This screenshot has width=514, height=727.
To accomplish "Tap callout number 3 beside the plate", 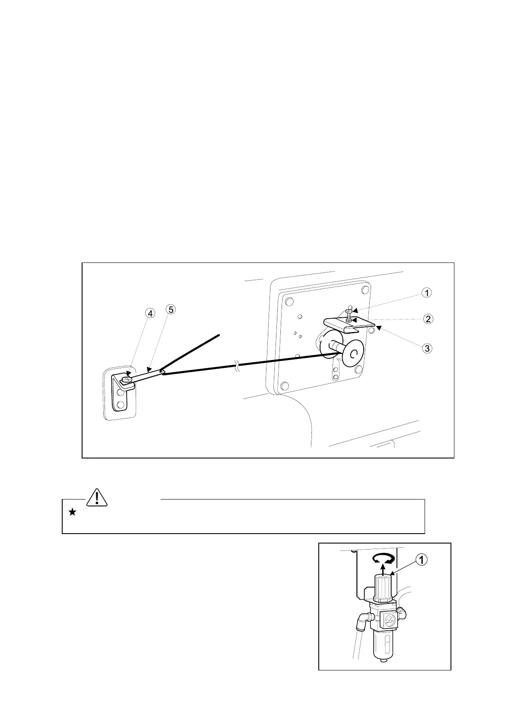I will (x=427, y=348).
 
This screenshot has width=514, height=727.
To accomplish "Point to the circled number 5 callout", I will (x=171, y=310).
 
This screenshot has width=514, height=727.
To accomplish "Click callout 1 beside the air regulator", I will (x=422, y=559).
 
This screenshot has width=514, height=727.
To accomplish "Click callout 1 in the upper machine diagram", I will (x=427, y=293).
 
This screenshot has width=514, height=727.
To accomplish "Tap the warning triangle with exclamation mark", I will (x=98, y=497).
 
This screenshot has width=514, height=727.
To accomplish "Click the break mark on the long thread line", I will (x=237, y=368).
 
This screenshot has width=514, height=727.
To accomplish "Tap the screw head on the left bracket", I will (x=126, y=379).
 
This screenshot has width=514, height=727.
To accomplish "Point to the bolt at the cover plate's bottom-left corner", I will (x=284, y=386).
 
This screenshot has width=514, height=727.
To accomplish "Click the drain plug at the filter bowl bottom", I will (x=384, y=668).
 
